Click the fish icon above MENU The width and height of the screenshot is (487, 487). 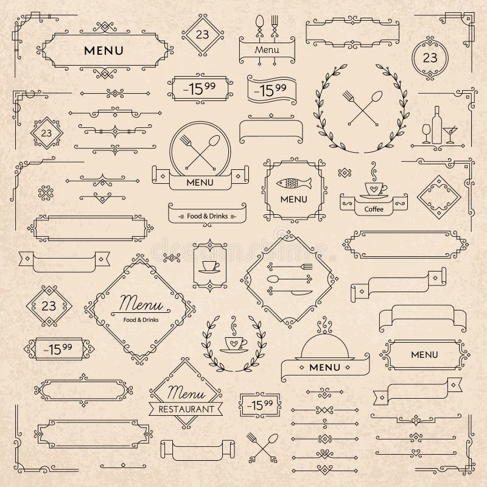[294, 183]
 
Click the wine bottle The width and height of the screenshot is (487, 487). [436, 124]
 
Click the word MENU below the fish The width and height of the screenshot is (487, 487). [294, 199]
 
